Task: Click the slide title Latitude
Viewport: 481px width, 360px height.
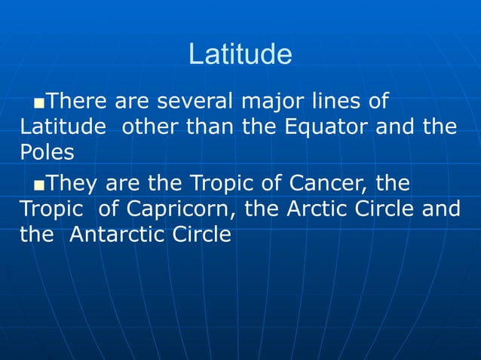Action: click(240, 54)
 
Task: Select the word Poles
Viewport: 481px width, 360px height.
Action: click(47, 151)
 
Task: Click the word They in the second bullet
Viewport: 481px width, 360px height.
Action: click(75, 183)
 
